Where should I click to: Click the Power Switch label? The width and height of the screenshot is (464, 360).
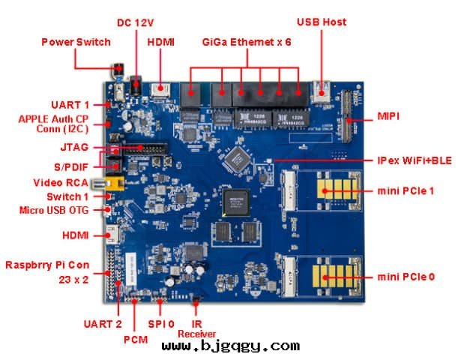point(76,42)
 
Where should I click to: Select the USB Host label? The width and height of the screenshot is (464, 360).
point(322,22)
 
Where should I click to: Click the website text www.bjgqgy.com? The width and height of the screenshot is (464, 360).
point(230,346)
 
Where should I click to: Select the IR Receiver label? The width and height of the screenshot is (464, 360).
point(196,328)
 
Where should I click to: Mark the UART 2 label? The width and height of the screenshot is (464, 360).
point(102,324)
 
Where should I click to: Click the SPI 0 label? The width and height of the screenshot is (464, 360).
point(162,324)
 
